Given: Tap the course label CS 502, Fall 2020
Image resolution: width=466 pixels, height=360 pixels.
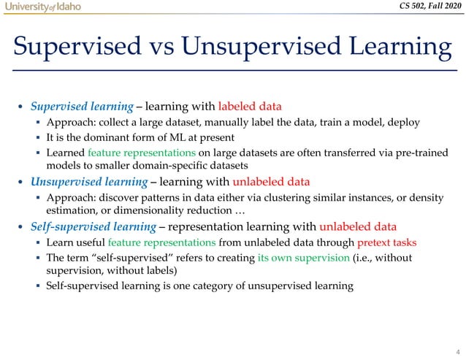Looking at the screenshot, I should pyautogui.click(x=424, y=7).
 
